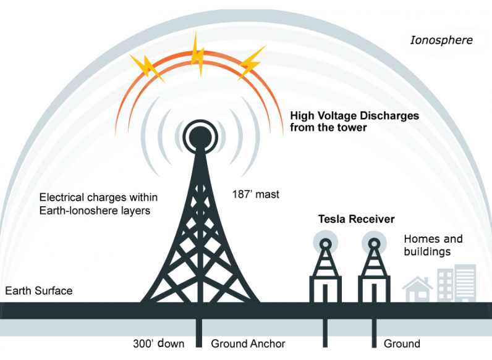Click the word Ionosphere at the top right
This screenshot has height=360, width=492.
[441, 41]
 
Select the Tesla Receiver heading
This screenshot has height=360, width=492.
[356, 219]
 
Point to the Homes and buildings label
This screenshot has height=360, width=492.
[433, 245]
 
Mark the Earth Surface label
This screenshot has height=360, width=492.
[38, 290]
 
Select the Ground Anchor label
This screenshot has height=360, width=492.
[248, 344]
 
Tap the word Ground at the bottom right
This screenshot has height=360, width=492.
[402, 344]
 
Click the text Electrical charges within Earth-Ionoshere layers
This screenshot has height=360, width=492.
[98, 204]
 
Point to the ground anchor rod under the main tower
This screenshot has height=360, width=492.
[199, 333]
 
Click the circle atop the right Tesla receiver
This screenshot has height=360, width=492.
[374, 242]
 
